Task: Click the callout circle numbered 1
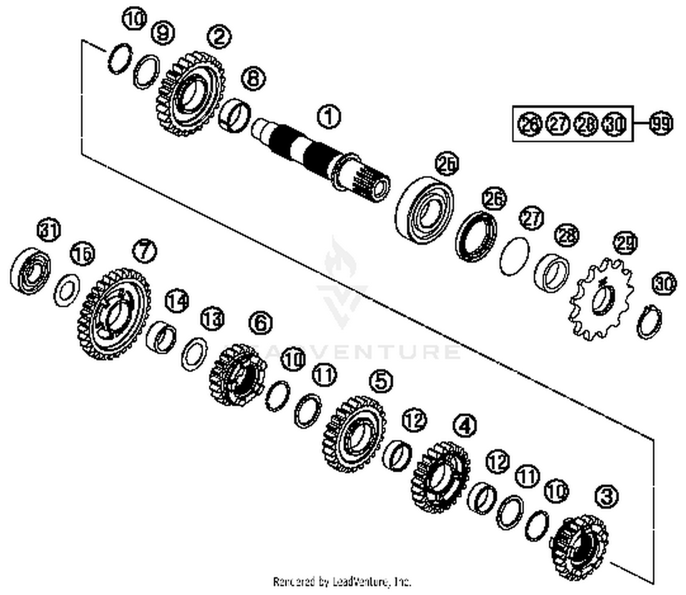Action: pos(329,117)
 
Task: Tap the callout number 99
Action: pos(661,124)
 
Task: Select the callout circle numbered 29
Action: pos(625,243)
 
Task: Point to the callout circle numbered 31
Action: pos(49,230)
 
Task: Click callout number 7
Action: pos(145,250)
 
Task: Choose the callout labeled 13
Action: pos(213,319)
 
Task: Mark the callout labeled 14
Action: pos(177,301)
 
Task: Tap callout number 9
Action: pos(162,33)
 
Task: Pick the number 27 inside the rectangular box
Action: pos(558,124)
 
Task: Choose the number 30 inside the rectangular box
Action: pos(614,124)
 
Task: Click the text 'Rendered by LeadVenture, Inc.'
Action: pos(342,582)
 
